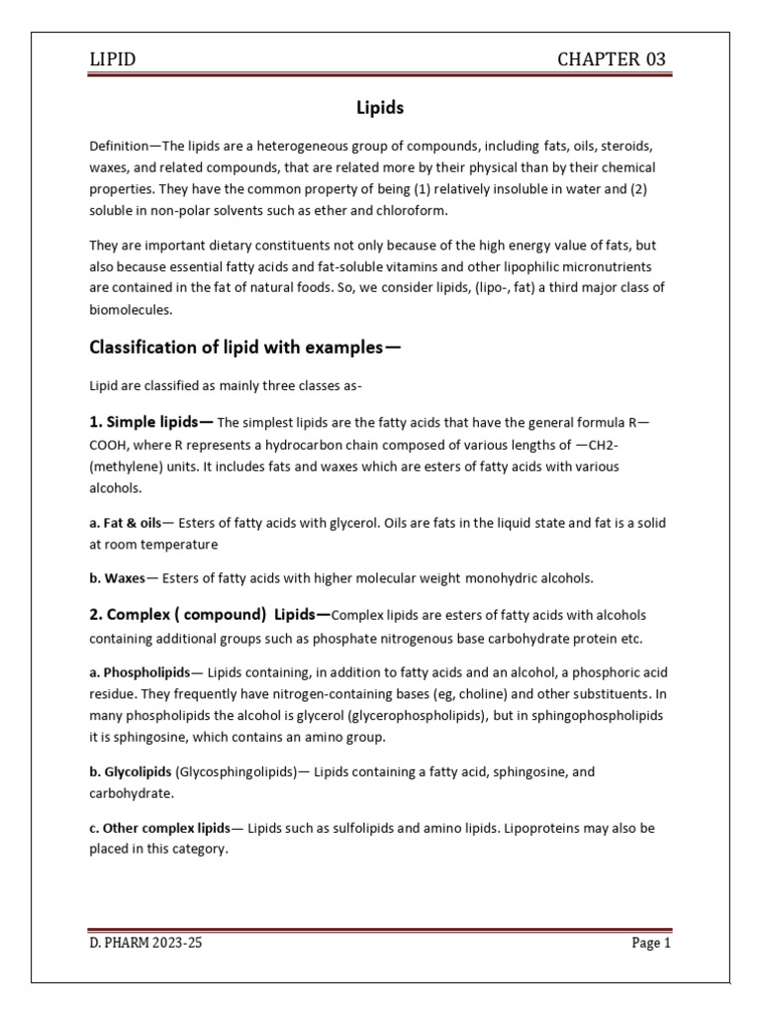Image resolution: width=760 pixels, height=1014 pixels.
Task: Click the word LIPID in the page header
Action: [113, 59]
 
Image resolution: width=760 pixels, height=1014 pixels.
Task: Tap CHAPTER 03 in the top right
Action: [613, 59]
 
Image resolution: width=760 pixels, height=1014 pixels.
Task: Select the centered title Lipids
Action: [380, 106]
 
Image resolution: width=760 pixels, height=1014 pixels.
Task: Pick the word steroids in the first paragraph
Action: [631, 145]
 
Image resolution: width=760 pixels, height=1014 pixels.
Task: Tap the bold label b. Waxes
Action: [118, 577]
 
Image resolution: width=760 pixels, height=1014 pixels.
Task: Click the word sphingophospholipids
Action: [586, 715]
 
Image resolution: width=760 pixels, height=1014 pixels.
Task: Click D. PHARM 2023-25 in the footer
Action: [145, 943]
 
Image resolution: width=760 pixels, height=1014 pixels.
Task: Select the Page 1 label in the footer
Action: [651, 943]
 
